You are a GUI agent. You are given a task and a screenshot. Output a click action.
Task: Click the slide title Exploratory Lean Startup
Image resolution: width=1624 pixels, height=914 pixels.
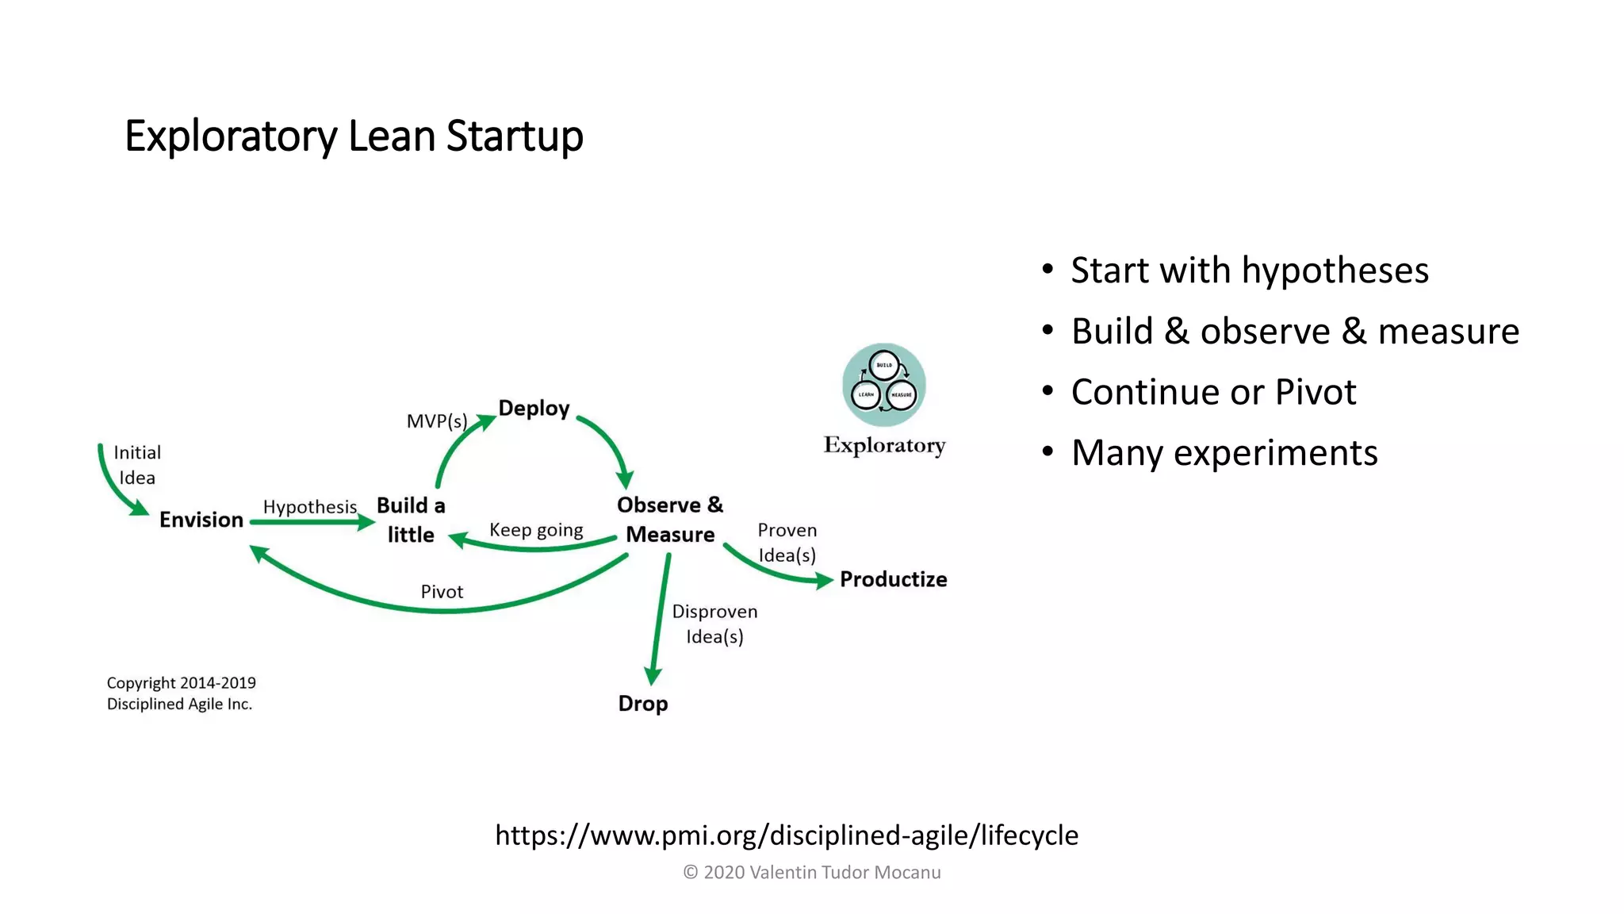(x=354, y=136)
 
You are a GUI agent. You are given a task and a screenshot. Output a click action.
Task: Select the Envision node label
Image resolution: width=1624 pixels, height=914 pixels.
(x=201, y=520)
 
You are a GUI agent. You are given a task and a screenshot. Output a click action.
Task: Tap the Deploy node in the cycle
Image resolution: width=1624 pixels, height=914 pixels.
(x=534, y=408)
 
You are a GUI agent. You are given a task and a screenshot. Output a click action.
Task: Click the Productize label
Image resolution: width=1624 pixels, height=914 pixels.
(x=893, y=579)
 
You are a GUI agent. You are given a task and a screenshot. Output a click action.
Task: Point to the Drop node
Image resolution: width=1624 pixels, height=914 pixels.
(x=643, y=704)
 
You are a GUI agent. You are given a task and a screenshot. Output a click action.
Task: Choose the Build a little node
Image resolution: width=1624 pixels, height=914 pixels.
(x=411, y=520)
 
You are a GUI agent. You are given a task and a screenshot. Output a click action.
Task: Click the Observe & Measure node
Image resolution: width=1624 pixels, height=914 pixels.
(x=670, y=520)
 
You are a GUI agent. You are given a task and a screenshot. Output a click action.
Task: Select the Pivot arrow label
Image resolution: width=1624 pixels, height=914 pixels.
(x=442, y=592)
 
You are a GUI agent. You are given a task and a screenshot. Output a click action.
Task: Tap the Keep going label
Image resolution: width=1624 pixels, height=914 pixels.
(x=536, y=530)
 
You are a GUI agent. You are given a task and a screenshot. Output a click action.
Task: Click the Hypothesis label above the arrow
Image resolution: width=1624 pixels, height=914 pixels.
(x=310, y=507)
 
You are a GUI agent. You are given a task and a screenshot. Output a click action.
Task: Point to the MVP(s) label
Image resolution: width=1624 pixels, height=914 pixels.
(x=437, y=421)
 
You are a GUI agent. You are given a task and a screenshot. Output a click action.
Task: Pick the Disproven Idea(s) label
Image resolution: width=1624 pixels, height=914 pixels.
(x=714, y=624)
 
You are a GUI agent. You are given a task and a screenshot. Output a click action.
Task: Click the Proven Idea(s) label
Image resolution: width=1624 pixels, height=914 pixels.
(x=787, y=543)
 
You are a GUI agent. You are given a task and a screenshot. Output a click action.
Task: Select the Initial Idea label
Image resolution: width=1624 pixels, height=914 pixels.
(x=137, y=465)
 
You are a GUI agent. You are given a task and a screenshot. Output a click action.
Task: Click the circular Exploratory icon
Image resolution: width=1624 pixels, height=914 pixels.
(x=884, y=385)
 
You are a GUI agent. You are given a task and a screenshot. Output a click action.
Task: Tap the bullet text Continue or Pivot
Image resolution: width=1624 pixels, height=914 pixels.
(x=1213, y=392)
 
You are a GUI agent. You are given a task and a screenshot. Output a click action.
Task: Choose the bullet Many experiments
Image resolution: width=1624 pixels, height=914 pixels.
(x=1224, y=453)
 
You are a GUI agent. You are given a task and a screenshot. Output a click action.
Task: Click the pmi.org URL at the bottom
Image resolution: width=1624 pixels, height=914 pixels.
(x=787, y=835)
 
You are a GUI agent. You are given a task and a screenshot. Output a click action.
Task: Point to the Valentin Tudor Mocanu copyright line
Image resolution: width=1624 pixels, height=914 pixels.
(x=812, y=873)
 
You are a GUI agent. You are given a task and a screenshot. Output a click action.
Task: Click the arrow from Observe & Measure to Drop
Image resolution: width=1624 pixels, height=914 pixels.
(x=660, y=619)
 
